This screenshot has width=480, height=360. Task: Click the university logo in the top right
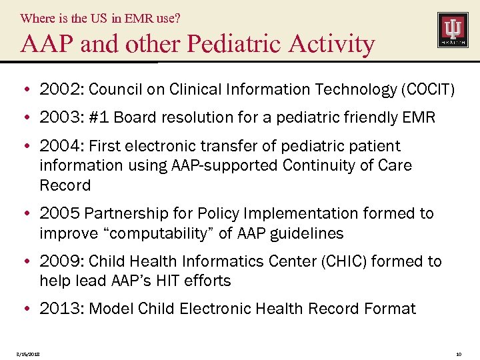pos(452,29)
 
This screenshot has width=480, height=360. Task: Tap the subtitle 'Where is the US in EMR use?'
pos(100,18)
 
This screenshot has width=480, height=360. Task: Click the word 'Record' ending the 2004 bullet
pos(65,185)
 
